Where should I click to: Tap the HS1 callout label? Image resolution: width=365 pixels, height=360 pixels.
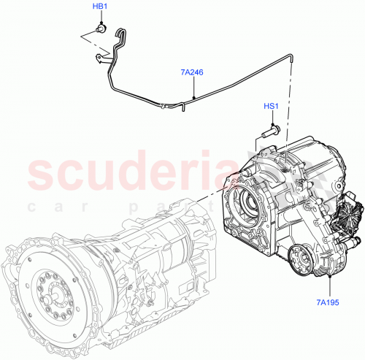click(x=271, y=107)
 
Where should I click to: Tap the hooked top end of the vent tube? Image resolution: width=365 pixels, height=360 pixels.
click(x=121, y=31)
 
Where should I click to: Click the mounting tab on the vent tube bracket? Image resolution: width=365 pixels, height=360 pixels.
click(x=97, y=55)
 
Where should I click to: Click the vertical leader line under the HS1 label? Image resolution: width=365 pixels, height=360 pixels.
click(x=271, y=120)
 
